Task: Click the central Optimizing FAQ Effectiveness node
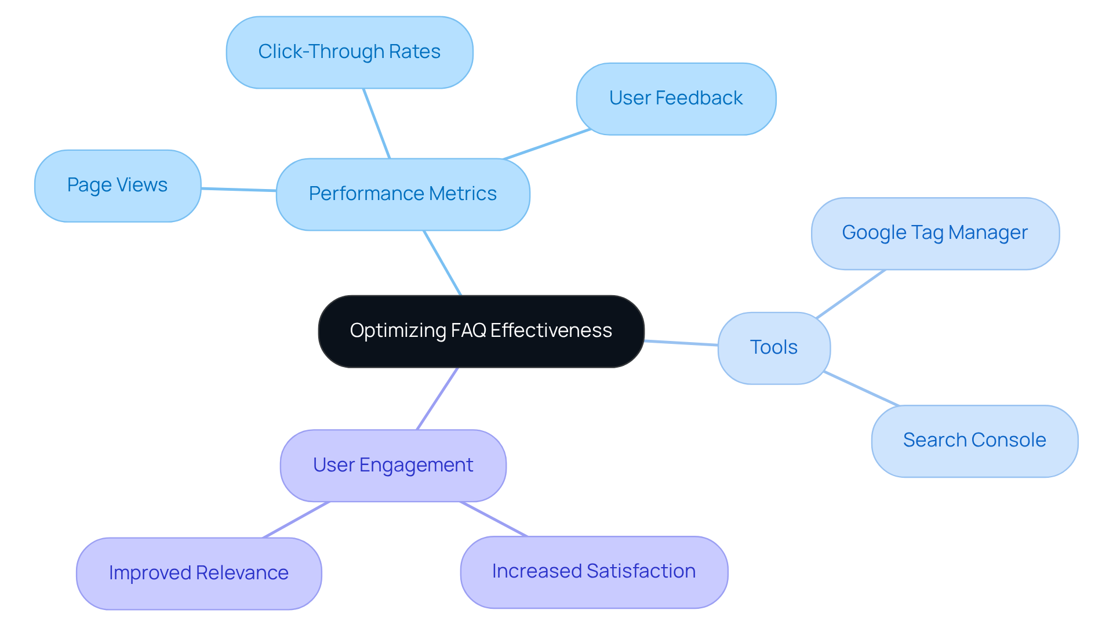click(481, 331)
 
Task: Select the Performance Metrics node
click(403, 194)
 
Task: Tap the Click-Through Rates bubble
click(350, 52)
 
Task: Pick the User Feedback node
click(676, 99)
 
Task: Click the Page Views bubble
click(118, 186)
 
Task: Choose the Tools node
click(774, 348)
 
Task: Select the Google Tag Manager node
click(935, 233)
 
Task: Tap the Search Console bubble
click(974, 441)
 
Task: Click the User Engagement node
click(393, 465)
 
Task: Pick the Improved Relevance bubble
click(199, 573)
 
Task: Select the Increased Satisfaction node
click(594, 572)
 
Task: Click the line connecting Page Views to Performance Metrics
click(239, 189)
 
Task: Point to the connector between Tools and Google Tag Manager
click(851, 293)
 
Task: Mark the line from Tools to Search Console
click(861, 389)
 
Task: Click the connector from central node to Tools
click(681, 343)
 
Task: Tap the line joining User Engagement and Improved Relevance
click(296, 520)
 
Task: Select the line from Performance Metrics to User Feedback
click(547, 144)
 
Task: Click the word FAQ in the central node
click(468, 331)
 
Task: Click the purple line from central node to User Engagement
click(437, 398)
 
